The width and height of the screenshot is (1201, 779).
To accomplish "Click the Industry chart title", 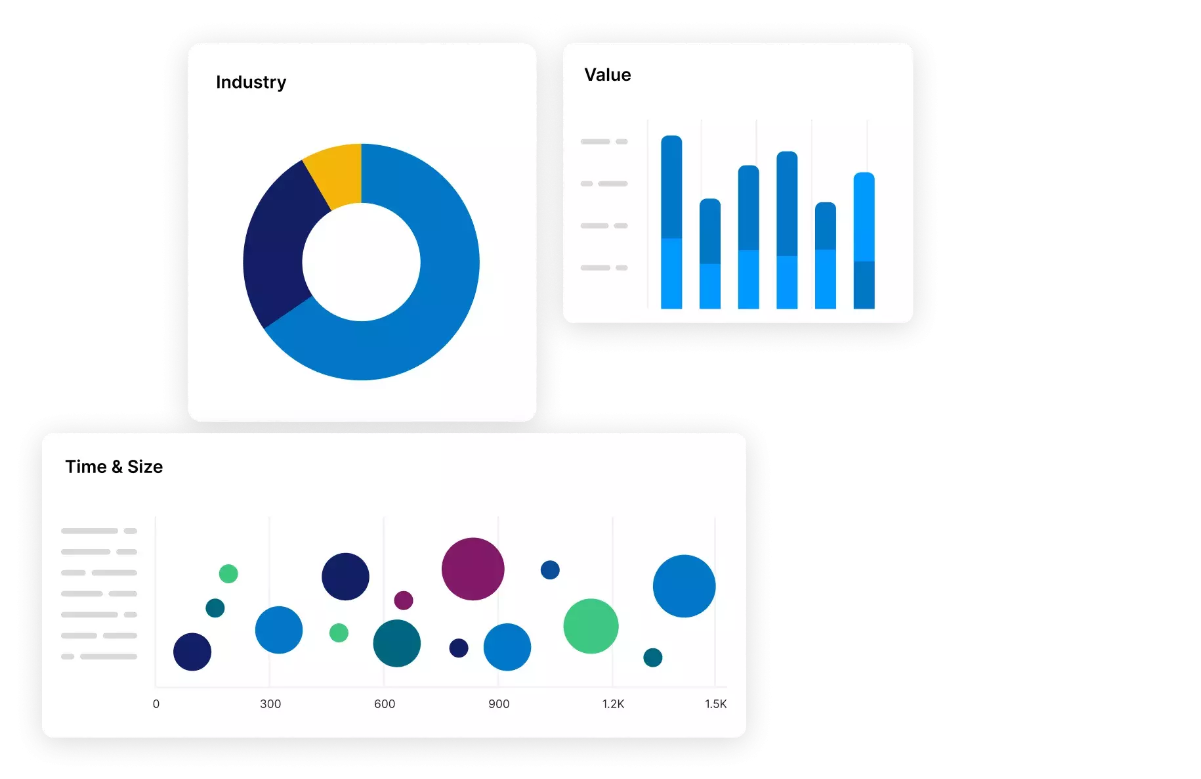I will click(251, 82).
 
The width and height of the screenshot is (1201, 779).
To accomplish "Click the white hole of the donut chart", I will click(361, 262).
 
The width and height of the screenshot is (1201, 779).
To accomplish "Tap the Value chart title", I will click(607, 75).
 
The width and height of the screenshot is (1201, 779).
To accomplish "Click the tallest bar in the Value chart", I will click(671, 222).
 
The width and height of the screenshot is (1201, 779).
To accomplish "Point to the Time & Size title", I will click(114, 466).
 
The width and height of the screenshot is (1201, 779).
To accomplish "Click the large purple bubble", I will click(473, 569).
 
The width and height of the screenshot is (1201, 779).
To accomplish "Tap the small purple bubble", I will click(403, 600).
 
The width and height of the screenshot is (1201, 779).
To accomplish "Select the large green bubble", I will click(591, 626).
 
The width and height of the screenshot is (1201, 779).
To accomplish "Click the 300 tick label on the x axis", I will click(270, 704).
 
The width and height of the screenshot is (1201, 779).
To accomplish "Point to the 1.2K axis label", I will click(613, 704).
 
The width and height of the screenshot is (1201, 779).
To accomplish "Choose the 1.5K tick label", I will click(715, 704).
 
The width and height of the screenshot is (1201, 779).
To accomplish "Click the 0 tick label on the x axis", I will click(156, 704).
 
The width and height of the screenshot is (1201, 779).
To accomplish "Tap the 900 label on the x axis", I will click(499, 704).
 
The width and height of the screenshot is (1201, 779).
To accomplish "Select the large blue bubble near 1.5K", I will click(684, 586).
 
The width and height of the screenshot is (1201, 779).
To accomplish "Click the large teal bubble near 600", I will click(396, 643).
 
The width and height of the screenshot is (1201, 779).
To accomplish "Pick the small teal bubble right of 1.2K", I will click(652, 657).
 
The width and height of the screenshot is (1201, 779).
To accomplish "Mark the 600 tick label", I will click(385, 704).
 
